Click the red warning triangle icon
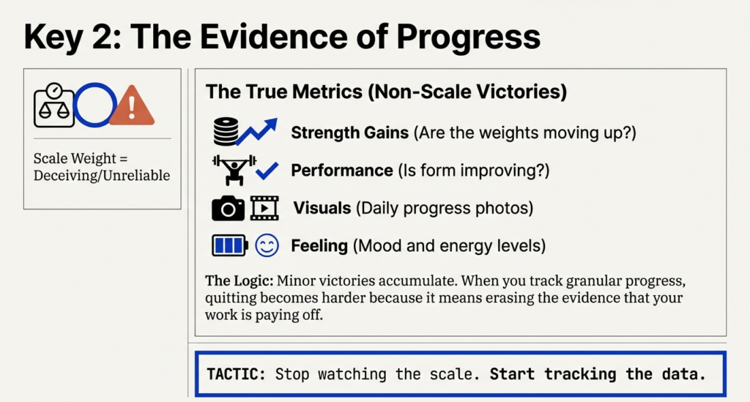click(x=132, y=106)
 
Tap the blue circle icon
click(x=95, y=105)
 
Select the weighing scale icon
click(x=53, y=105)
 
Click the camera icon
click(x=228, y=209)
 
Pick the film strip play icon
click(x=264, y=209)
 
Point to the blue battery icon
click(x=229, y=245)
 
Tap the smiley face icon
click(x=267, y=245)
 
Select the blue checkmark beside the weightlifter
click(x=267, y=172)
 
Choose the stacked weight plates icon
click(x=226, y=133)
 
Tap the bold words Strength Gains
click(x=349, y=133)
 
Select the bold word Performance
click(x=341, y=171)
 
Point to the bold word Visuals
click(x=322, y=208)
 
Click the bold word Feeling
click(x=319, y=245)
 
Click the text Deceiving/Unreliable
click(x=101, y=176)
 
